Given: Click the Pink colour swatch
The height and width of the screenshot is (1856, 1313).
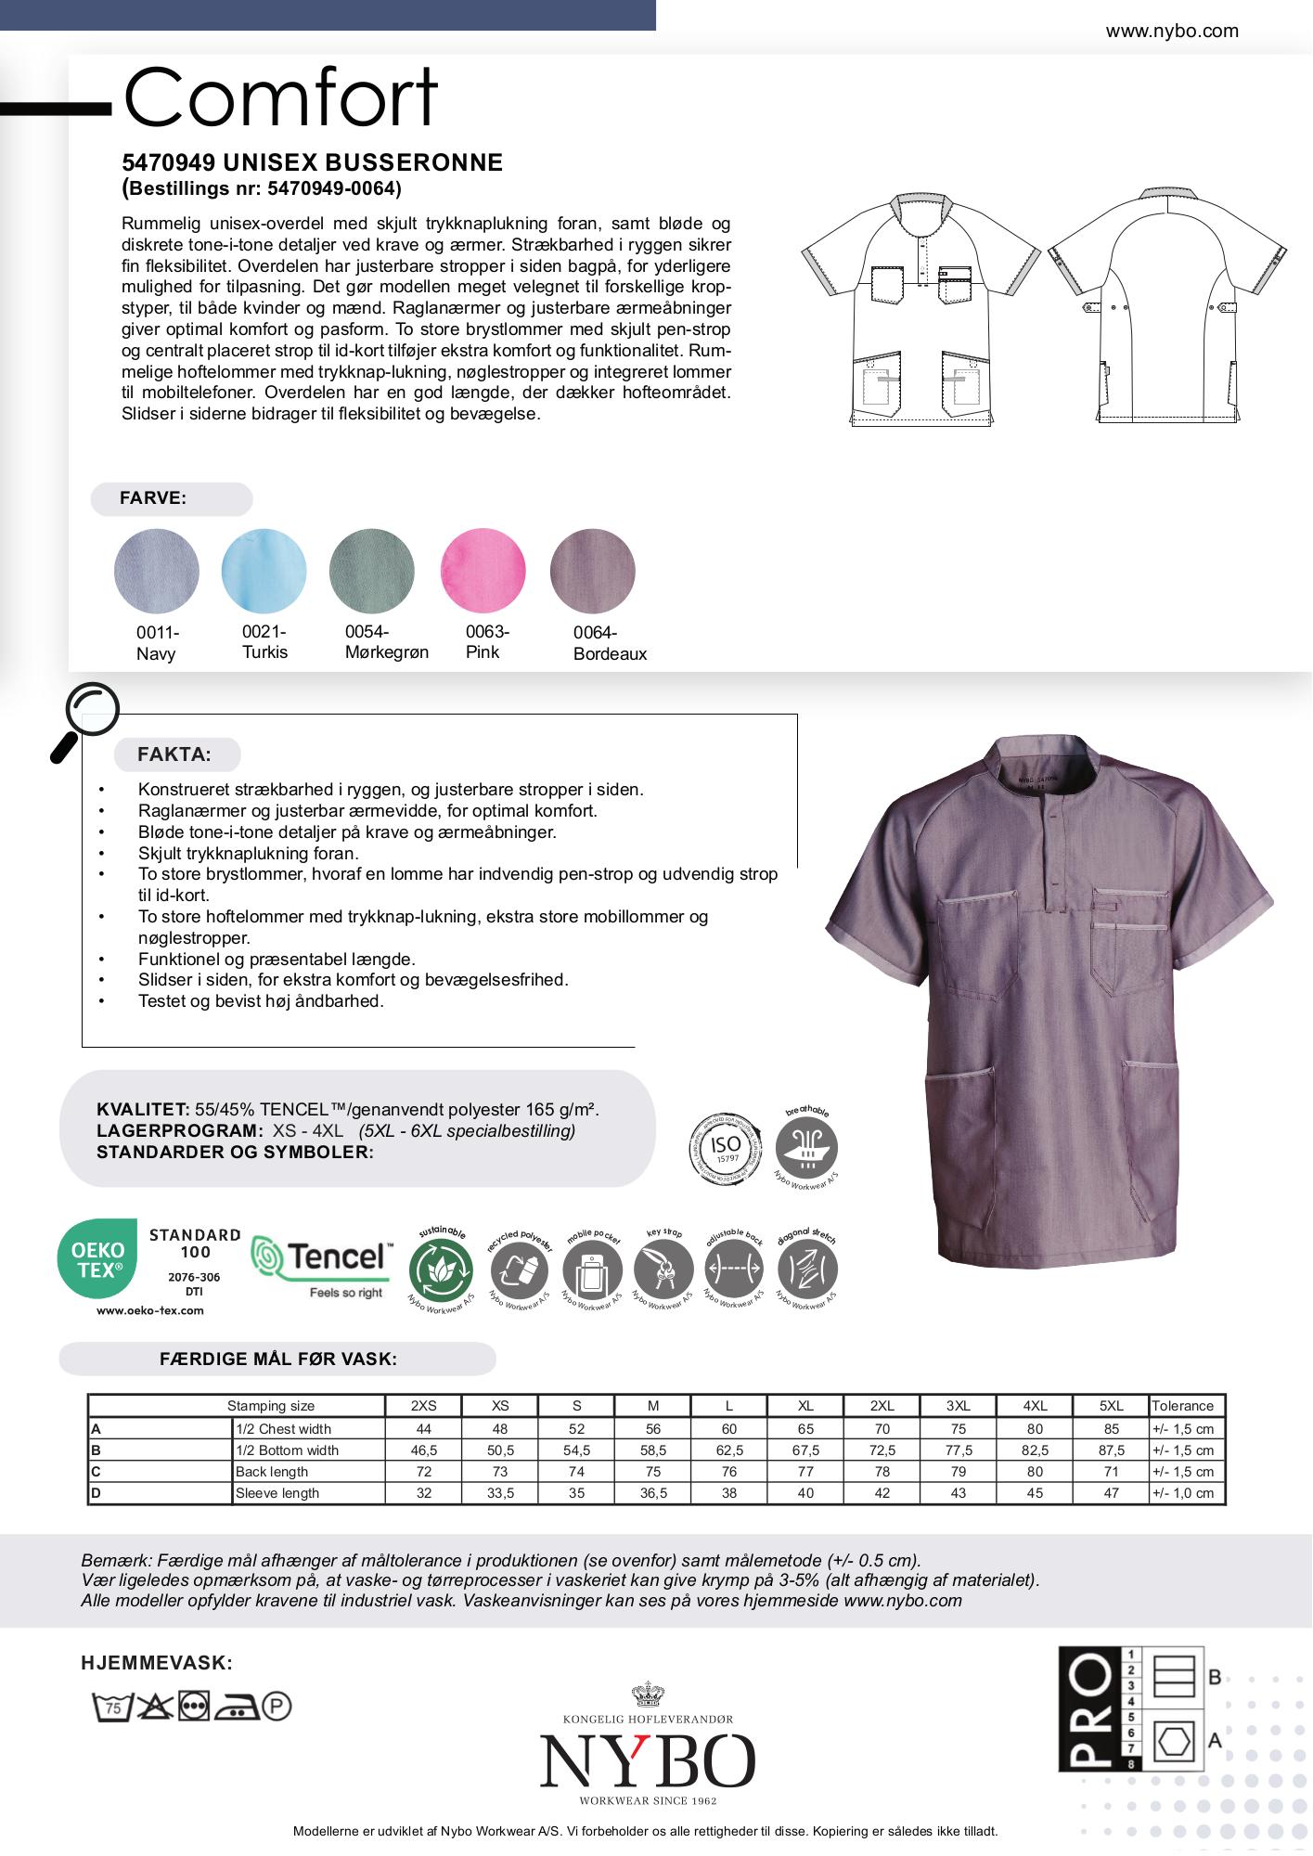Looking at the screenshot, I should point(483,571).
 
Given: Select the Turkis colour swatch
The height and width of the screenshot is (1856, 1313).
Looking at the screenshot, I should point(264,571).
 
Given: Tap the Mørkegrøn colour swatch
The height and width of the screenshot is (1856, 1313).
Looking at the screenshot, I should point(371,571).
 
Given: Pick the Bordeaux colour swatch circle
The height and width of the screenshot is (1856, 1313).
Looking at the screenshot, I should point(592,571).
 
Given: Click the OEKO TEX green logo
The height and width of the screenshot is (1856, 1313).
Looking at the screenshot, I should point(97,1259).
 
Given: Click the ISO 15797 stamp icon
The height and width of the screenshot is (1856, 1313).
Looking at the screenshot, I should point(725,1149).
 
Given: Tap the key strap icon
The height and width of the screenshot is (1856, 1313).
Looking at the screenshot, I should point(663,1269).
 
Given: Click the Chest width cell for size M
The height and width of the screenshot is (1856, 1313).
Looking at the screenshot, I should point(653,1429).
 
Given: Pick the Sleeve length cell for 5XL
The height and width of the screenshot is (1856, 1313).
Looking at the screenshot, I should point(1111,1493).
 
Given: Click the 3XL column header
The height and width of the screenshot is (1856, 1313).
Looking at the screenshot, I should point(959,1406).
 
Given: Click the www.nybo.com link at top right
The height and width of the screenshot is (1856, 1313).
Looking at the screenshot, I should point(1172,31).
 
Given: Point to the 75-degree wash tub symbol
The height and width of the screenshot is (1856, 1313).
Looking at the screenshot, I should point(110,1707).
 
